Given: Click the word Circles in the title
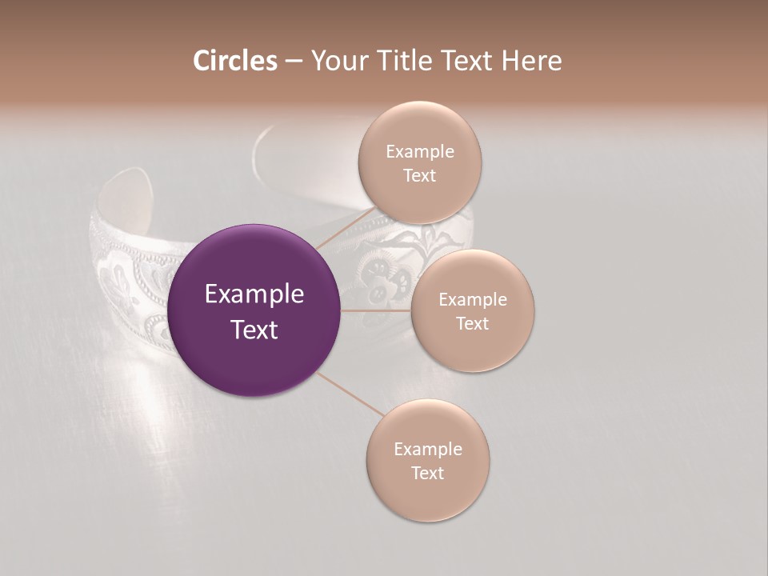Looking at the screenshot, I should click(234, 60).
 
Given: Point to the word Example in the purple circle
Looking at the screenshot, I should click(254, 294).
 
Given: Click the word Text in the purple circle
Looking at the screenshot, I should click(254, 330).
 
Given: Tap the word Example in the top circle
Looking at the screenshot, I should click(420, 151).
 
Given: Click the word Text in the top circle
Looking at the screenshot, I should click(420, 175).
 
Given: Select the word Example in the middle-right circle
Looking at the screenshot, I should click(473, 299).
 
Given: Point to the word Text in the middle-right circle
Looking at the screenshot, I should click(473, 323).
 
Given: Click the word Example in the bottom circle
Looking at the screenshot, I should click(428, 449).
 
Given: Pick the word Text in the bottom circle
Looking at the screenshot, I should click(428, 473).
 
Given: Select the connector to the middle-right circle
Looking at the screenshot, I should click(376, 310).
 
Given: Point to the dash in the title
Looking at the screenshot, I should click(294, 62).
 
